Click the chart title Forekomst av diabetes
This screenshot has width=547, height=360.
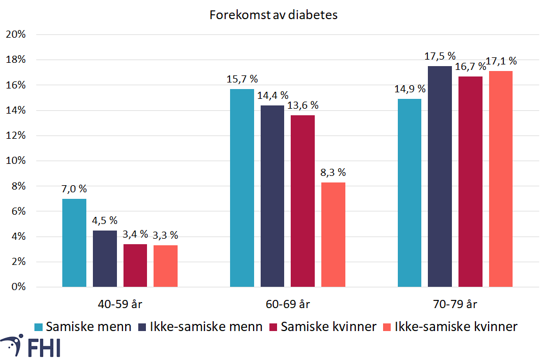click(273, 15)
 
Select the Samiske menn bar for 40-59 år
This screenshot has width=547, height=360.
click(74, 243)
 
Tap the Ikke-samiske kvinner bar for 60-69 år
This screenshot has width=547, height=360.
click(333, 234)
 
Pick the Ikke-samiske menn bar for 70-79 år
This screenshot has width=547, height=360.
click(439, 176)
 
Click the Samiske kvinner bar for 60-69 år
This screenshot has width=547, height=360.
click(302, 201)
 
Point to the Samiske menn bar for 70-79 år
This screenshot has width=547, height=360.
click(409, 193)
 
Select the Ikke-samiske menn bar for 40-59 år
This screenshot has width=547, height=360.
click(105, 258)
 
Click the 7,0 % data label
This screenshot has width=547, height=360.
click(74, 188)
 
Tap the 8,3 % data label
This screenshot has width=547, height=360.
click(333, 172)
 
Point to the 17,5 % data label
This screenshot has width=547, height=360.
click(440, 56)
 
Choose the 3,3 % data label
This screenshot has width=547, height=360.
click(166, 235)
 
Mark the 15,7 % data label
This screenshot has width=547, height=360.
click(242, 79)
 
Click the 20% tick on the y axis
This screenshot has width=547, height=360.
click(16, 34)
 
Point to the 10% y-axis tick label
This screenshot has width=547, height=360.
click(16, 161)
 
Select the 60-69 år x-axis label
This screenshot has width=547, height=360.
click(288, 304)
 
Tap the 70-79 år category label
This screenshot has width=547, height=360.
click(455, 304)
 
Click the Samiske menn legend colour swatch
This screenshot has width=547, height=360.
click(38, 327)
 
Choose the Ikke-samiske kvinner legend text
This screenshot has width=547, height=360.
click(456, 327)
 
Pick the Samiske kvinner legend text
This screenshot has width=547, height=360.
click(328, 327)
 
